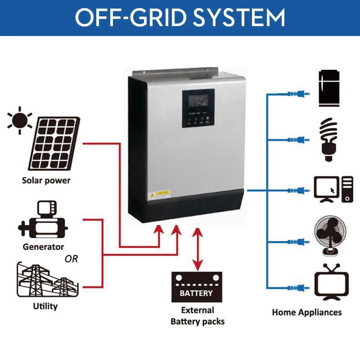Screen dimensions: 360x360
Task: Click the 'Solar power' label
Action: [x=46, y=181]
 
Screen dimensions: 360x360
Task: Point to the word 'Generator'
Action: [x=43, y=247]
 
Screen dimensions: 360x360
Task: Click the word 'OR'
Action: [x=71, y=259]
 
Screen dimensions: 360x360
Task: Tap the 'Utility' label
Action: [x=45, y=306]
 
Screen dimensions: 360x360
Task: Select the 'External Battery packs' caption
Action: [x=197, y=316]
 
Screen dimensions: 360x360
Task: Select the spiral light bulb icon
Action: [x=328, y=139]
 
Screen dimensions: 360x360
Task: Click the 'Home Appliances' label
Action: [x=307, y=312]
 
